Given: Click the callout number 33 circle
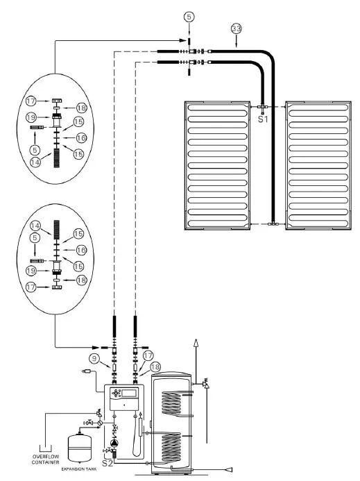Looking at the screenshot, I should point(236,29).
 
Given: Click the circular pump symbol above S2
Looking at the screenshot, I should point(114,442).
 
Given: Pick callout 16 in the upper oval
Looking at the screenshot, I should point(79,138).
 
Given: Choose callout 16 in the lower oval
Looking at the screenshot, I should point(79,248).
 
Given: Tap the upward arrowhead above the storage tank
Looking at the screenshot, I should point(196,343).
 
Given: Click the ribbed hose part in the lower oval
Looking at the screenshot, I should point(54,228).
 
